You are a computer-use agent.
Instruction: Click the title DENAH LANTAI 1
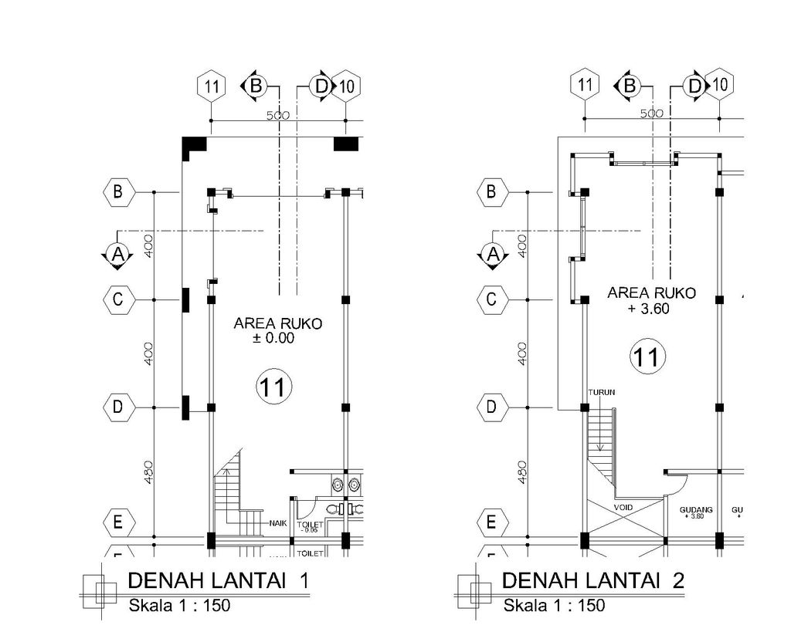coord(218,580)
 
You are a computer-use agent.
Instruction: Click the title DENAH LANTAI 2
coord(592,580)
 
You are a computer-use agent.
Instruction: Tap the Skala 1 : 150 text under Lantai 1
coord(179,606)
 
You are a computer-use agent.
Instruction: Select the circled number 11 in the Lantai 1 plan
coord(273,387)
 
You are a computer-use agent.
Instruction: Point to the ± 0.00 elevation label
coord(274,338)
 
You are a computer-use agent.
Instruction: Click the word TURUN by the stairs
coord(602,392)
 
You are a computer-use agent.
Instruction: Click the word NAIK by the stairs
coord(278,523)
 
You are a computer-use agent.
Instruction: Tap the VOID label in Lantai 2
coord(623,508)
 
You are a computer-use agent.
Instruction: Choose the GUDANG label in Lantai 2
coord(696,509)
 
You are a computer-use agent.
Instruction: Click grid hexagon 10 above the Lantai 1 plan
coord(348,86)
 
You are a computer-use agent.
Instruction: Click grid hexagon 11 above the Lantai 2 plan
coord(585,85)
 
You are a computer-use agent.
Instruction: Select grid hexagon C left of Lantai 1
coord(118,299)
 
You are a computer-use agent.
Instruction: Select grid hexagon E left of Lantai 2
coord(491,522)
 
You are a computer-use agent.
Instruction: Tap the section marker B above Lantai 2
coord(630,86)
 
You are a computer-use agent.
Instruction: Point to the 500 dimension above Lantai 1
coord(278,115)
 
